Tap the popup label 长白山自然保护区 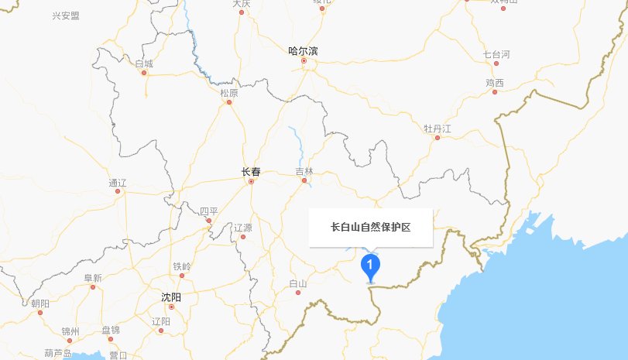pyautogui.click(x=370, y=228)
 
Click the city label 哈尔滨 pyautogui.click(x=303, y=51)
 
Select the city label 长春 pyautogui.click(x=251, y=172)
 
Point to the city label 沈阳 pyautogui.click(x=170, y=297)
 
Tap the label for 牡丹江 pyautogui.click(x=437, y=128)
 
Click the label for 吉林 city pyautogui.click(x=304, y=171)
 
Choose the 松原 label pyautogui.click(x=229, y=93)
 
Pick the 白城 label pyautogui.click(x=144, y=63)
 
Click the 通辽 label pyautogui.click(x=118, y=183)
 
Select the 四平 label pyautogui.click(x=209, y=211)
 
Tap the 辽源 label pyautogui.click(x=242, y=228)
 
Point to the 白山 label pyautogui.click(x=297, y=283)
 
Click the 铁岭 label pyautogui.click(x=182, y=266)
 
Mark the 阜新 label pyautogui.click(x=93, y=278)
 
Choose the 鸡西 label pyautogui.click(x=495, y=83)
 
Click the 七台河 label pyautogui.click(x=496, y=54)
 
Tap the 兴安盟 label pyautogui.click(x=66, y=15)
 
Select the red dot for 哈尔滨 pyautogui.click(x=304, y=61)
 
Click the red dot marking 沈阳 pyautogui.click(x=172, y=307)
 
